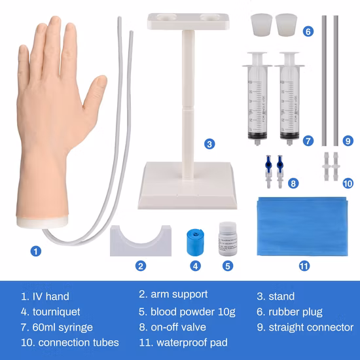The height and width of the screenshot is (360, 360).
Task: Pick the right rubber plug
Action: (x=285, y=26)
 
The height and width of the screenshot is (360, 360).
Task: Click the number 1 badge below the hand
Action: (x=36, y=250)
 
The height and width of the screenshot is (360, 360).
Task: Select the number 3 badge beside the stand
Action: (x=209, y=144)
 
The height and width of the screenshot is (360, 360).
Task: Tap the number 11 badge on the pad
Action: (x=304, y=266)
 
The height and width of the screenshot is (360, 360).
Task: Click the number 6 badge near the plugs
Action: (x=308, y=31)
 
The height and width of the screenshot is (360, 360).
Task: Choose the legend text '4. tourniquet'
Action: (x=54, y=312)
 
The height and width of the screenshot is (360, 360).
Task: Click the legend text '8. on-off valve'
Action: (x=172, y=327)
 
